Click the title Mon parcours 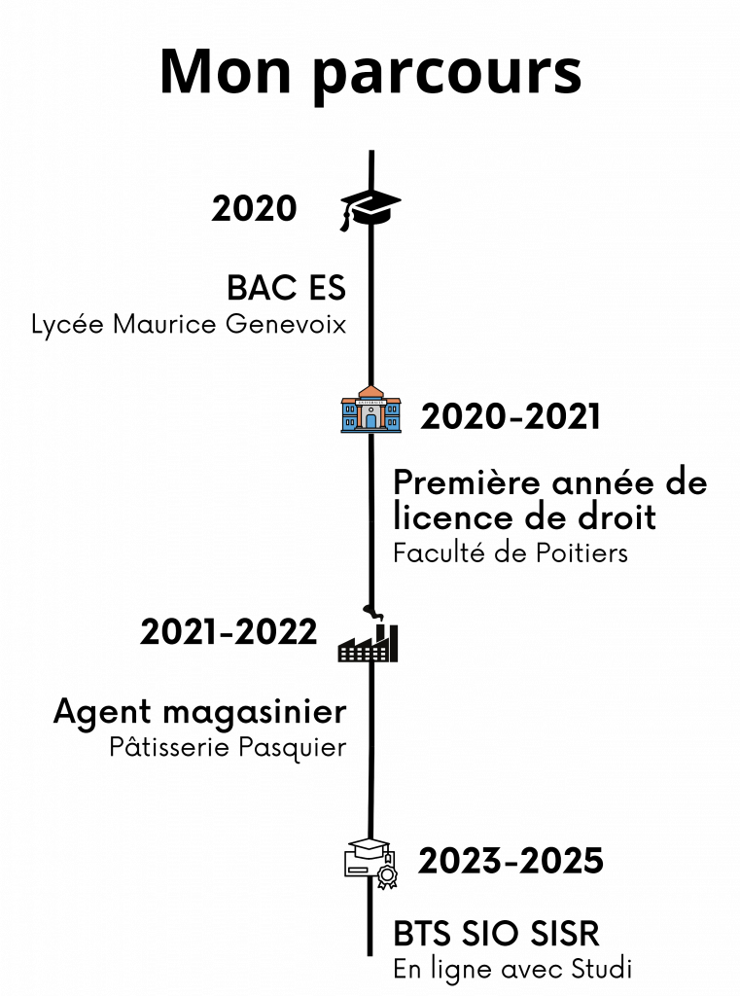click(x=370, y=72)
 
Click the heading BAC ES click(x=286, y=289)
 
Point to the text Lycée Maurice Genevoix click(x=190, y=324)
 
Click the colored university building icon click(x=370, y=410)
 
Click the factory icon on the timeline click(x=370, y=639)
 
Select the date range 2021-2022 click(x=229, y=632)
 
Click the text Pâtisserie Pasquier click(x=228, y=748)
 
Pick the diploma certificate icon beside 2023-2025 click(x=371, y=861)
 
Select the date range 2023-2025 click(x=511, y=861)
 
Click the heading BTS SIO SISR click(x=498, y=935)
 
